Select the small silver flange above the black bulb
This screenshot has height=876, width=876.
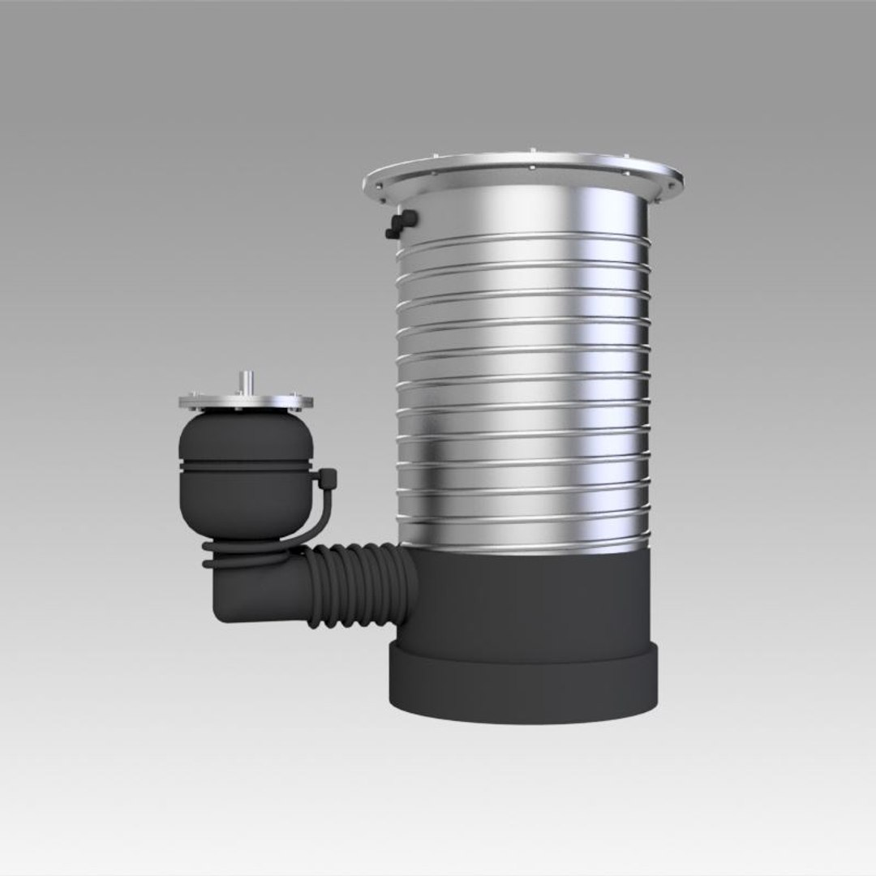point(246,401)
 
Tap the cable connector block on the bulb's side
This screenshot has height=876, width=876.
point(327,479)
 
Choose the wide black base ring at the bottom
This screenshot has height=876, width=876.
point(523,681)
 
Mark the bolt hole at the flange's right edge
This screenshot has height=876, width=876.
point(670,184)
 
